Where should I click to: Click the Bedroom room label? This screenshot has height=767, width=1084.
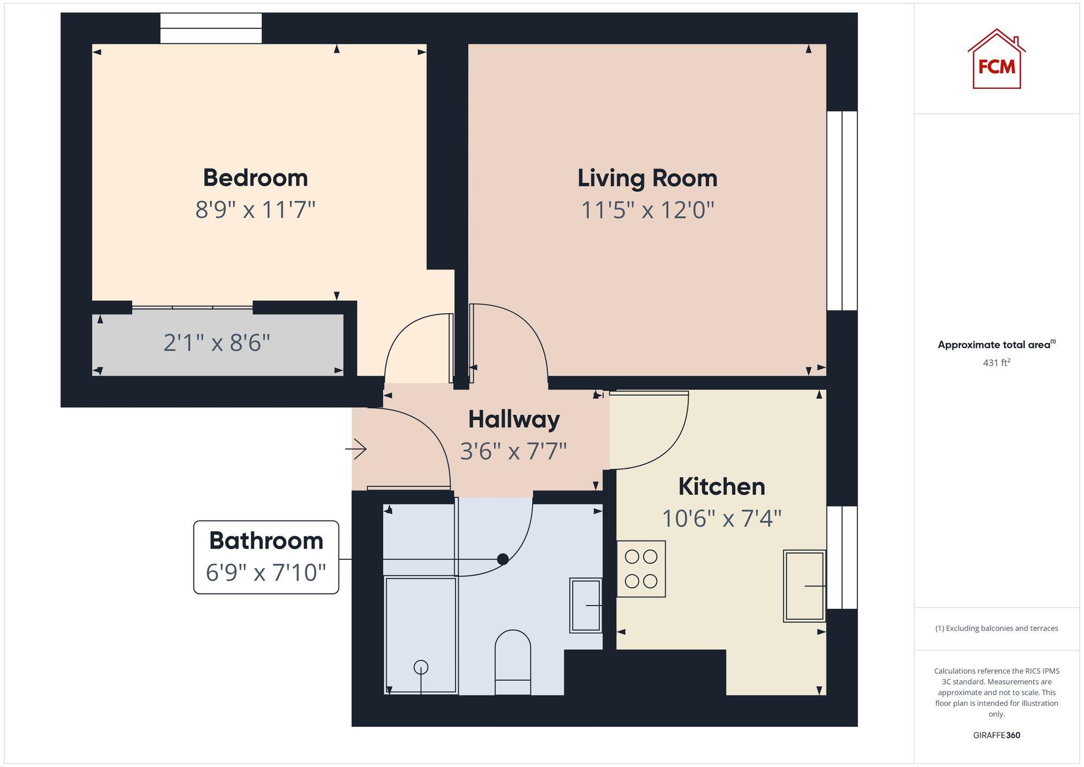click(255, 178)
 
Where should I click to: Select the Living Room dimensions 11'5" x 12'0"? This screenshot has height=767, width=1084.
click(647, 210)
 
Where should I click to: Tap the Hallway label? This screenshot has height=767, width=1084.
click(513, 420)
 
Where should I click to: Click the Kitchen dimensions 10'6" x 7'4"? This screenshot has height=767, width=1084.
click(721, 518)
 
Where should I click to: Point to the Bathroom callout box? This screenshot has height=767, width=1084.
click(266, 557)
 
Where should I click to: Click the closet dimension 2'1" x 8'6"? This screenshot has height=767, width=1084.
click(217, 343)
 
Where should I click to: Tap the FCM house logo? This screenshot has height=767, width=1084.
click(996, 60)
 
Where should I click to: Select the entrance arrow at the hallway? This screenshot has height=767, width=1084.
click(356, 449)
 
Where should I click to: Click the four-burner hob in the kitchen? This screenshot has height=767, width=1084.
click(641, 569)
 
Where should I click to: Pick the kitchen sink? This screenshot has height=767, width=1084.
click(804, 585)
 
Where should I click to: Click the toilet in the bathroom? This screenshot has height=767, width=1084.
click(513, 662)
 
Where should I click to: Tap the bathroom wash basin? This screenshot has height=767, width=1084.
click(585, 605)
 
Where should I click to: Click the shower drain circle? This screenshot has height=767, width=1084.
click(421, 667)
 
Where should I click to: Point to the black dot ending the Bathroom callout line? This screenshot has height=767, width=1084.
click(502, 559)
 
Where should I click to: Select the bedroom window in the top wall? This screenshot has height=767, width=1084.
click(211, 28)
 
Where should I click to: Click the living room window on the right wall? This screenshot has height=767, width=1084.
click(842, 210)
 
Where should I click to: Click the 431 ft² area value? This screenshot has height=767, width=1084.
click(996, 363)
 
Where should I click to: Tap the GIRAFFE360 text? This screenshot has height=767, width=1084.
click(996, 735)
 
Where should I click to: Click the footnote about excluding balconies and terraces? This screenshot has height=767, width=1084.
click(996, 628)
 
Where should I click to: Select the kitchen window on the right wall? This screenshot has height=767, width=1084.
click(842, 557)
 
